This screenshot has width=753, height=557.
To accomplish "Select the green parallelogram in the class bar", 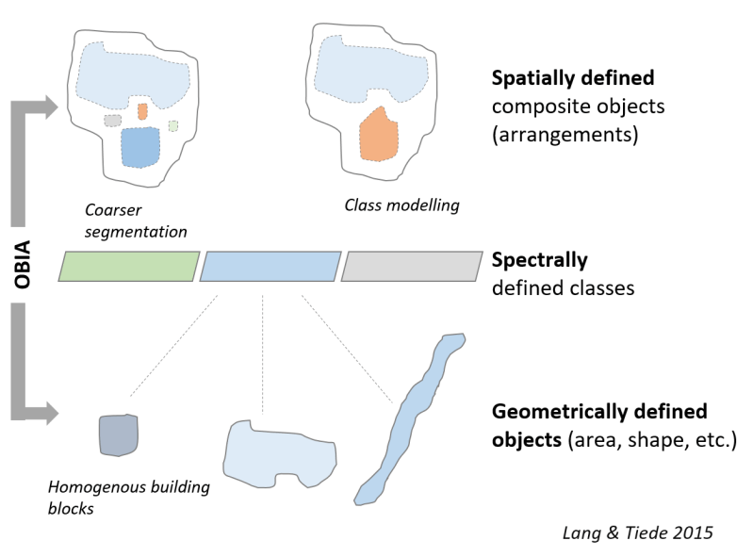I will tap(129, 267).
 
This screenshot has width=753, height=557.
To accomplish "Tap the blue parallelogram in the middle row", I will tap(270, 267).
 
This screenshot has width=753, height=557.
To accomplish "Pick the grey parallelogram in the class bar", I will tap(410, 267).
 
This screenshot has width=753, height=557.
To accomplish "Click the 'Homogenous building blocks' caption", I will tap(128, 498).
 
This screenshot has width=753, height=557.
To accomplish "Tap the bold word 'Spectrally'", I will tap(540, 259).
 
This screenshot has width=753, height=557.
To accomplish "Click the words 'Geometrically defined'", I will tap(599, 413).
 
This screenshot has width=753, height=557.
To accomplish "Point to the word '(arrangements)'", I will tap(565, 135).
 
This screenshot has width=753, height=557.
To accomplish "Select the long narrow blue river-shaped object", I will tap(411, 415).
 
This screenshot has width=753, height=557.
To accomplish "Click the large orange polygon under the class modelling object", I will tap(379, 134).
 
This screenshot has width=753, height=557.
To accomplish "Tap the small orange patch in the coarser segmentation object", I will tap(142, 111).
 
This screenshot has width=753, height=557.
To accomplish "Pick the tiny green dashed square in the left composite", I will tap(173, 125).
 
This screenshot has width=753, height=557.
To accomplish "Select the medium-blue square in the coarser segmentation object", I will tap(140, 146).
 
